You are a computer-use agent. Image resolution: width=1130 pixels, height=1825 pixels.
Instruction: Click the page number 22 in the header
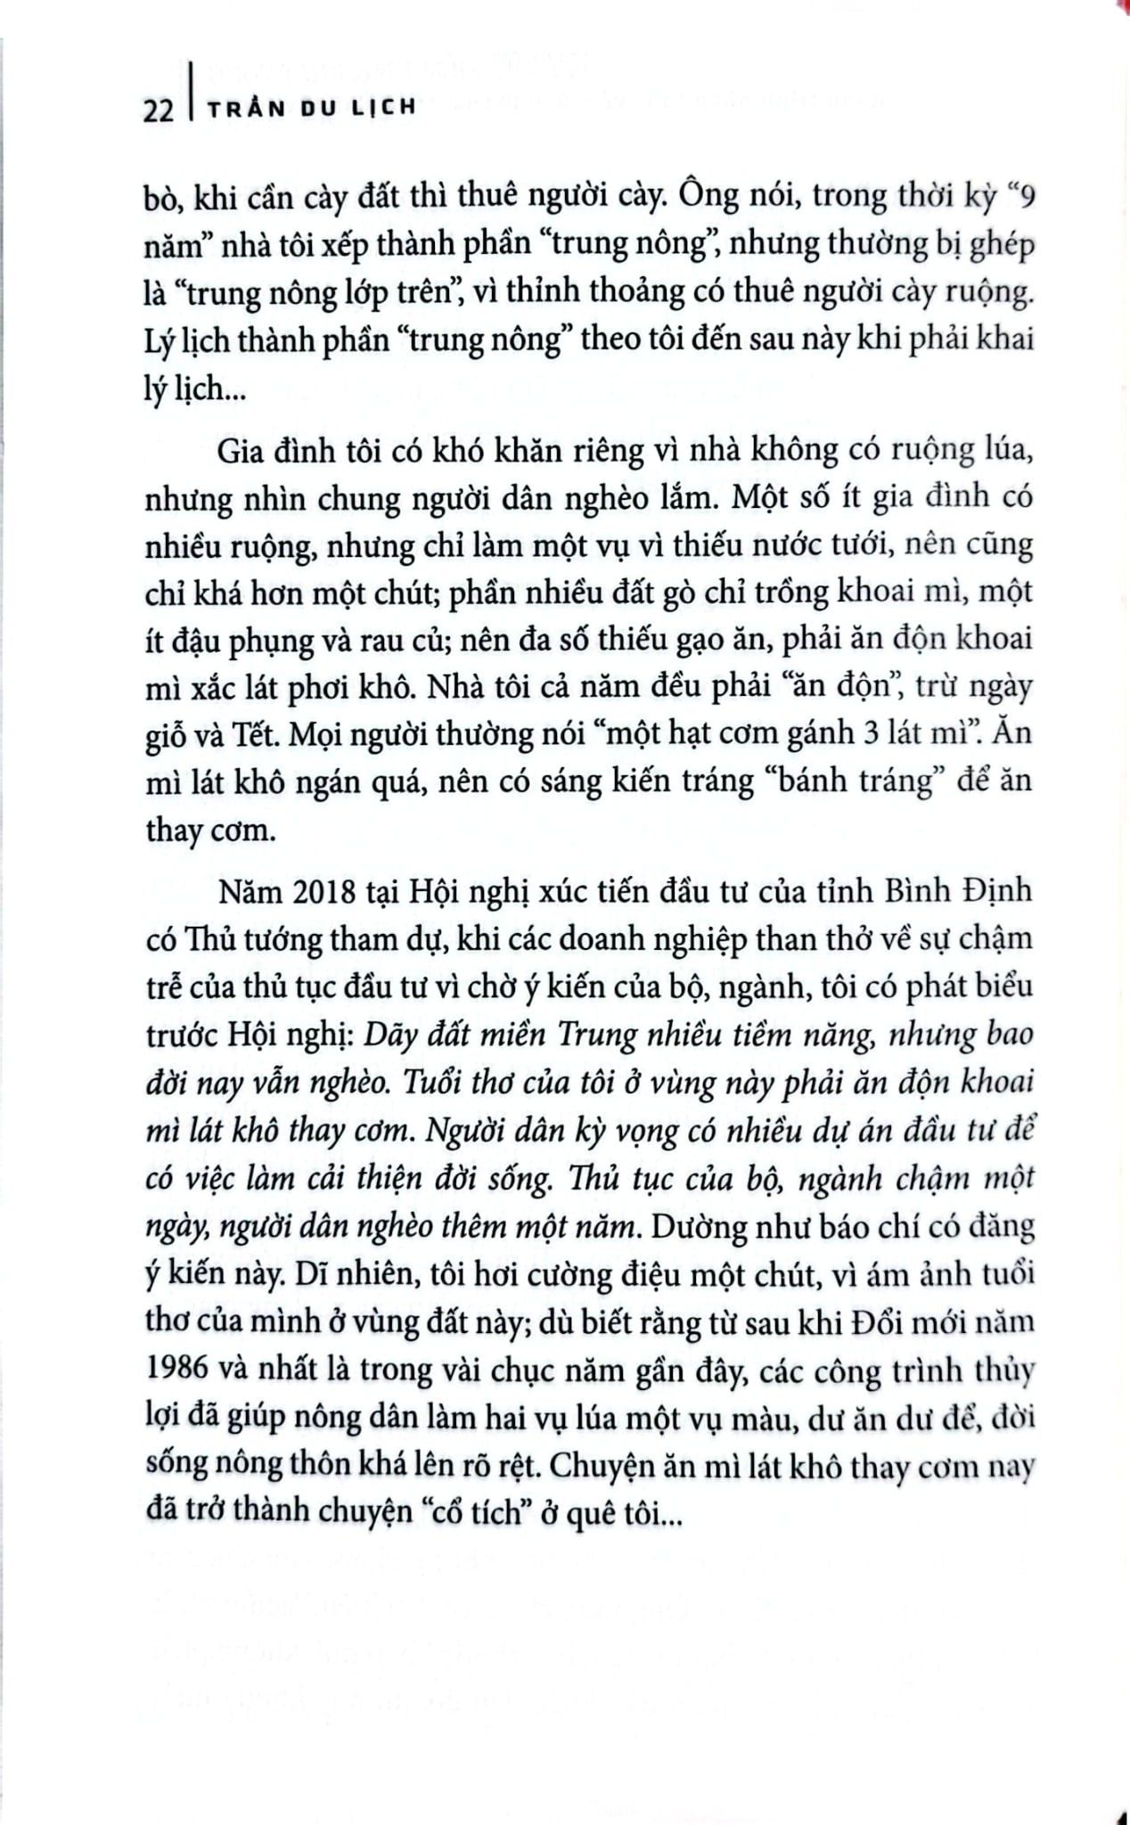click(x=159, y=109)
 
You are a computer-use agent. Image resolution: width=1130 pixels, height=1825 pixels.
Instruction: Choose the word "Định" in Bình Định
click(x=995, y=889)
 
